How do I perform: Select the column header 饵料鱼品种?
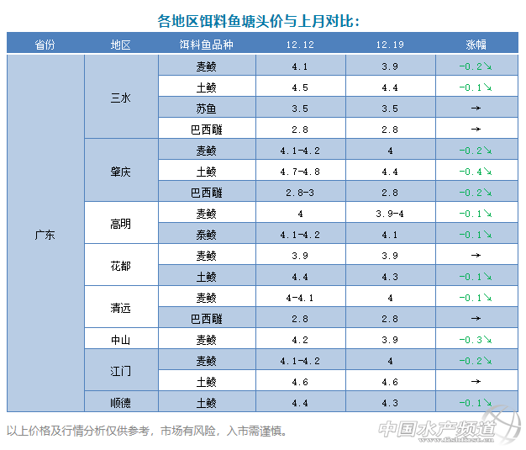(206, 45)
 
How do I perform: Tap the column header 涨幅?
(476, 45)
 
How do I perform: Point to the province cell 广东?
(45, 235)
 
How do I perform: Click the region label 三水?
(121, 98)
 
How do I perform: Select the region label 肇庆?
(121, 171)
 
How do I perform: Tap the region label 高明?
(121, 224)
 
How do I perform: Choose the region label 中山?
(121, 340)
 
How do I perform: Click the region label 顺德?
(121, 403)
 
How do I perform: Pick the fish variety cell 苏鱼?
(206, 109)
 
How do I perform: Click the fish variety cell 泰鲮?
(206, 235)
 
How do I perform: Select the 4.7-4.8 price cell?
(301, 172)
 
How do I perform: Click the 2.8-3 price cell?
(301, 193)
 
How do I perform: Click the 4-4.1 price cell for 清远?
(301, 298)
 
